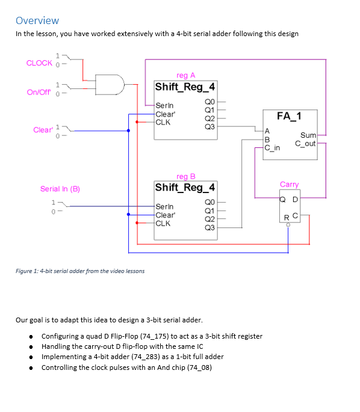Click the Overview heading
coord(37,20)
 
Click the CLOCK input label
coord(39,63)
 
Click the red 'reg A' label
coord(185,75)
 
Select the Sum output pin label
coord(308,137)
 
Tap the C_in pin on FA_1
coord(273,147)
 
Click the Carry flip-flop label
coord(289,185)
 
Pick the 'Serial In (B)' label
coord(60,189)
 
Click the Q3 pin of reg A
coord(209,127)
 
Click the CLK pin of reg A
coord(163,122)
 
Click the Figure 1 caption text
coord(80,271)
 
